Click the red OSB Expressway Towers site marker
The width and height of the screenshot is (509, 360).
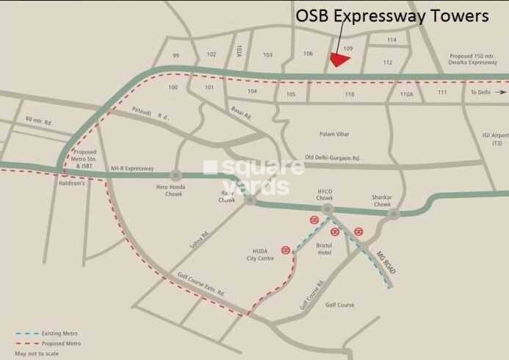339,60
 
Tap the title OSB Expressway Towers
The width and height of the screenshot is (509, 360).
391,16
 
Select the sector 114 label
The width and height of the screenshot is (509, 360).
391,40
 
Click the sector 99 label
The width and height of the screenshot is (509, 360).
176,55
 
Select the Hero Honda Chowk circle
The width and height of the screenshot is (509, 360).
176,174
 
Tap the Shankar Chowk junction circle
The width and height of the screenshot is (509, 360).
394,215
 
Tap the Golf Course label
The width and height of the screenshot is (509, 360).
339,304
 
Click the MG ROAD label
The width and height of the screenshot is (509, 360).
386,263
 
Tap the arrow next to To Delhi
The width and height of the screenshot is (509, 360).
501,93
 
